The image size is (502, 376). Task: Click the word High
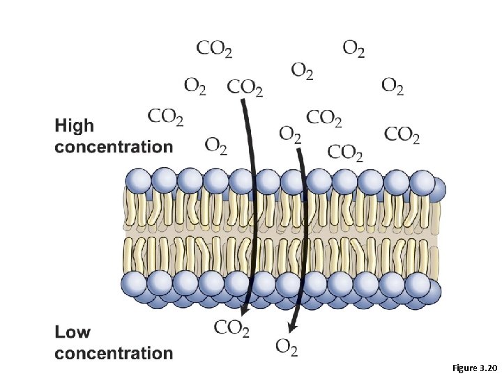73,127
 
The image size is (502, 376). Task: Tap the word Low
73,332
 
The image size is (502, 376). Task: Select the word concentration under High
114,147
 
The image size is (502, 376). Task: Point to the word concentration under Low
114,353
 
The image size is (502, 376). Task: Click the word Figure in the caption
466,366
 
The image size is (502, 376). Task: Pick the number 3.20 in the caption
489,366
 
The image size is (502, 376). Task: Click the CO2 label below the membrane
231,327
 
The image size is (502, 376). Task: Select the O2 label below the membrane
287,346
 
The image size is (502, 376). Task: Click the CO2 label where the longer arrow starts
245,87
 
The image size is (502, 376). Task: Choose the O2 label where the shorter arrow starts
289,132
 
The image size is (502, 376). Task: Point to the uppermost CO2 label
214,48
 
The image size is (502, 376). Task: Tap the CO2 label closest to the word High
166,116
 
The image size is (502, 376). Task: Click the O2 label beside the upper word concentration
215,146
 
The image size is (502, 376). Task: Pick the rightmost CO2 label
402,134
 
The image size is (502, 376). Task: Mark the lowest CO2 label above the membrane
344,152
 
